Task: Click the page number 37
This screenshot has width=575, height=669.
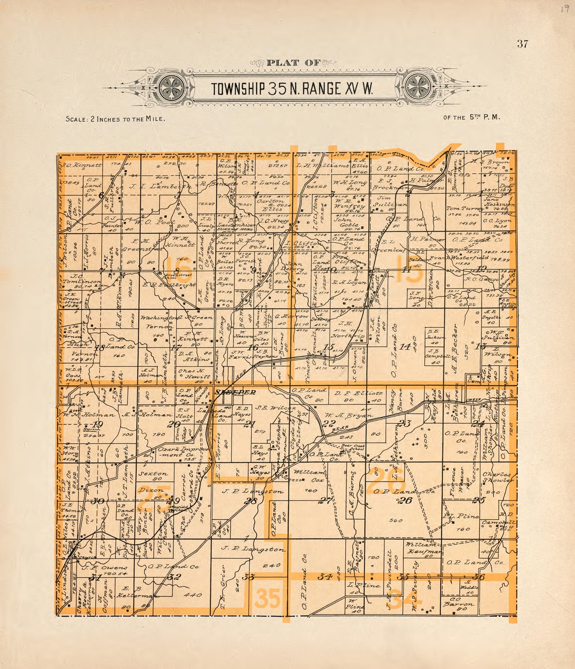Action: [522, 44]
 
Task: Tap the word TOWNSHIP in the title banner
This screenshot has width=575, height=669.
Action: [238, 89]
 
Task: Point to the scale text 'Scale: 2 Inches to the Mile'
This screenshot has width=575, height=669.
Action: [115, 119]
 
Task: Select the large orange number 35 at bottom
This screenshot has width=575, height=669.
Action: [268, 598]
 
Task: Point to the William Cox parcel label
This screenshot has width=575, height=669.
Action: [309, 476]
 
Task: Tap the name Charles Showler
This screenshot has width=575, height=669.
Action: [497, 477]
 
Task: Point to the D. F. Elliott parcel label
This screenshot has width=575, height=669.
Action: [358, 393]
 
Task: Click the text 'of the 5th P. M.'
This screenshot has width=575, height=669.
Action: [472, 118]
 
